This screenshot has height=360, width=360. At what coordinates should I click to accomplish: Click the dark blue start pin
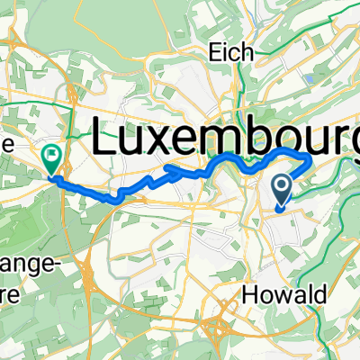tap(282, 190)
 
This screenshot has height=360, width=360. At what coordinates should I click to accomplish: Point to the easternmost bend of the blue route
tap(311, 161)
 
